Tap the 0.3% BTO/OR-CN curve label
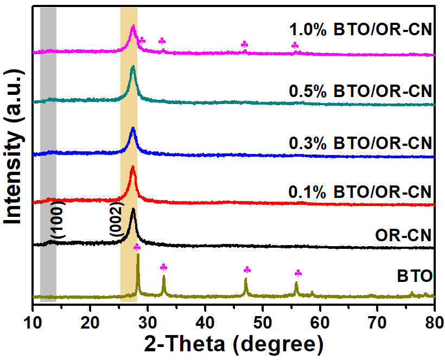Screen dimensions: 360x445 point(360,144)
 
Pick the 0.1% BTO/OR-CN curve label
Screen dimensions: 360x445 point(360,192)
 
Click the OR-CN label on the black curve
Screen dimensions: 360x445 point(403,235)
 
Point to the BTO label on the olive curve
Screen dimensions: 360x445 point(414,277)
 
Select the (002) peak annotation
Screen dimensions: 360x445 point(117,220)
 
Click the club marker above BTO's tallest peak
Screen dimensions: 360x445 point(137,247)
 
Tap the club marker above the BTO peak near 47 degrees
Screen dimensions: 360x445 point(247,269)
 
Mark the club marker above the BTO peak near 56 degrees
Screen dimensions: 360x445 point(297,273)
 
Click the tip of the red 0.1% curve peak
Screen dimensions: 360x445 point(132,167)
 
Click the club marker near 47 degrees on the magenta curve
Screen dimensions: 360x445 point(244,44)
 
